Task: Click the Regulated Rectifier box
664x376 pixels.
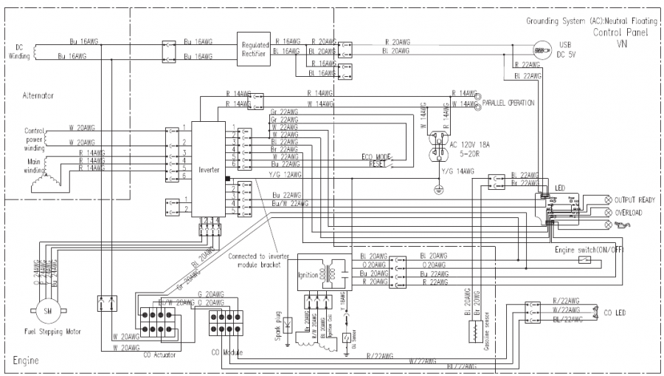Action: (x=255, y=49)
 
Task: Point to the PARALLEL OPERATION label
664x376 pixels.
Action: (x=509, y=102)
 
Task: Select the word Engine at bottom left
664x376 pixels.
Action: (x=25, y=361)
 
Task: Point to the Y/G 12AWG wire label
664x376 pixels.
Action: (x=286, y=174)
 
